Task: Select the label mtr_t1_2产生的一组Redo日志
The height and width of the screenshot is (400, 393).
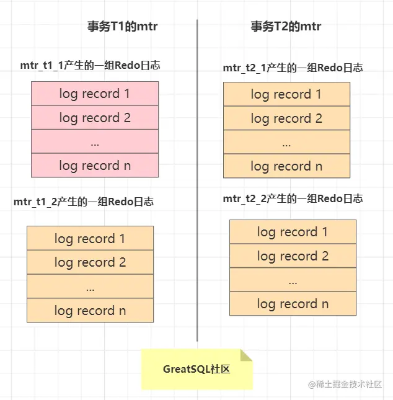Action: pos(84,202)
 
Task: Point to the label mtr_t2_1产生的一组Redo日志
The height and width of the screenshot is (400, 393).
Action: pos(293,68)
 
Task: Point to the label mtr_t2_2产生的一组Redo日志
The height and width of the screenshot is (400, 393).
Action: pos(293,199)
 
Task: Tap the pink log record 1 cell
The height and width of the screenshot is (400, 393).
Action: pos(95,94)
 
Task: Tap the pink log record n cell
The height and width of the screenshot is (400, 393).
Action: pos(95,166)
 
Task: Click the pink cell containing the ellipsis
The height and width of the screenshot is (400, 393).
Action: pos(95,142)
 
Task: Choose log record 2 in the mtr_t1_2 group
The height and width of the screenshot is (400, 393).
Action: pos(90,262)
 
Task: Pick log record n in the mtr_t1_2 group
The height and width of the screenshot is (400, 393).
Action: pos(90,311)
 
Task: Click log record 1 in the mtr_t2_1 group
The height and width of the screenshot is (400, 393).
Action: pos(286,94)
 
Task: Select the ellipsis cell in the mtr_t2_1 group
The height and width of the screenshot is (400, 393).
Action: pos(286,143)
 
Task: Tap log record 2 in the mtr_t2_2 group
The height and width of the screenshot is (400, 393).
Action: pos(293,256)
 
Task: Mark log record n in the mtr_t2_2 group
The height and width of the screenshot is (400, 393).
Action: pos(293,304)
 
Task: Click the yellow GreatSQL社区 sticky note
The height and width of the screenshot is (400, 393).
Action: pos(196,369)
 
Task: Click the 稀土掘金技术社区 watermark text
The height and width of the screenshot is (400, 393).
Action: pos(350,384)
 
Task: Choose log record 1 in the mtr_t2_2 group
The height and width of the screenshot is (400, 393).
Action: pos(293,232)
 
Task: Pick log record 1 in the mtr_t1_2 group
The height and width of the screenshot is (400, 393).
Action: pos(90,238)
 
